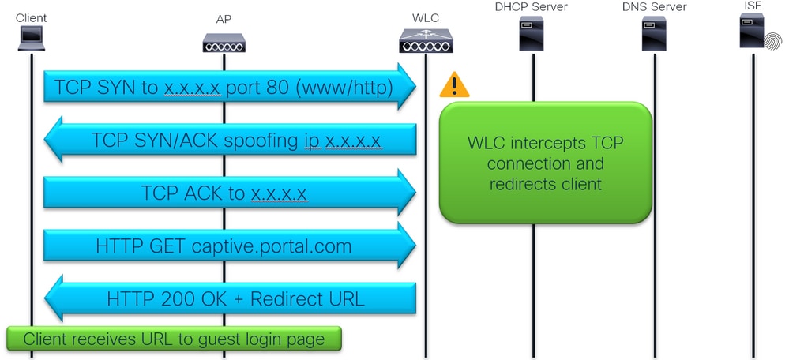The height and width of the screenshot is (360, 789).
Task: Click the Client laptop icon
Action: point(31,37)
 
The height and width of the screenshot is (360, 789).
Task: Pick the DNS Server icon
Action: point(653,35)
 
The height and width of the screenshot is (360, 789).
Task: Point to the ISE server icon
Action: point(754,35)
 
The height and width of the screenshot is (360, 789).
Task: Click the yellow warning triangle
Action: point(454,85)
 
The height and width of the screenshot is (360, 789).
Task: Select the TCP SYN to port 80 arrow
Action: point(229,88)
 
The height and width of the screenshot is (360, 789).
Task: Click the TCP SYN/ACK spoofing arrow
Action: point(229,141)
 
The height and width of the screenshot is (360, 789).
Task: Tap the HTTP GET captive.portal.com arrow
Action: point(229,246)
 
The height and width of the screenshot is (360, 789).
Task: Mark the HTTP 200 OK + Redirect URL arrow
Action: point(229,298)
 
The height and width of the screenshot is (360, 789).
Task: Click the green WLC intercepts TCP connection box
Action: point(545,162)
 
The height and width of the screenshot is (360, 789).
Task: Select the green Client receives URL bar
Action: point(174,339)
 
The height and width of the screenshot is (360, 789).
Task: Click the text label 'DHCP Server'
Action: point(532,7)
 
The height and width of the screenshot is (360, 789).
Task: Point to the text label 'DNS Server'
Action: point(654,7)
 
